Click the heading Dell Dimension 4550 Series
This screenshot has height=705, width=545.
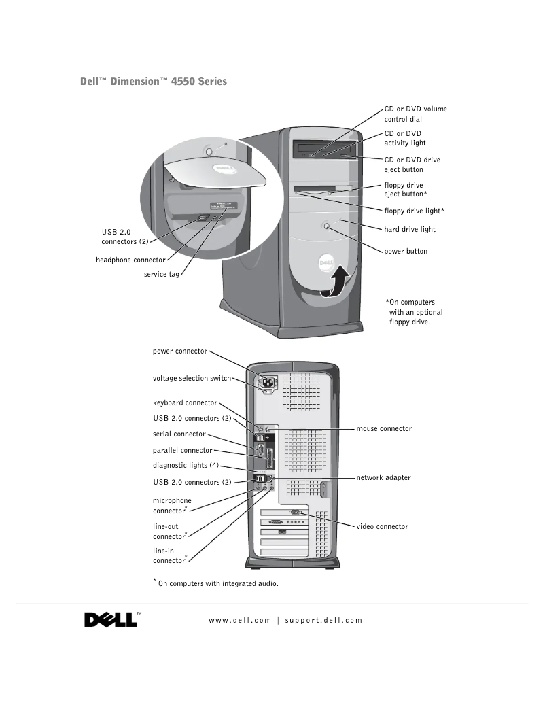point(154,82)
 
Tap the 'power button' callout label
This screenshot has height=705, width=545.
point(406,252)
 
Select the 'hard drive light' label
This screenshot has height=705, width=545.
point(410,230)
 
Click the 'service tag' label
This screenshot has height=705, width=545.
point(162,275)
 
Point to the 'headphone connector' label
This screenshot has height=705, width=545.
point(130,260)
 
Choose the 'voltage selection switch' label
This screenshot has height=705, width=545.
point(192,378)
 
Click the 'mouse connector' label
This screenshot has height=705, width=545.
point(384,429)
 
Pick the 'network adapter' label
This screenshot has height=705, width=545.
point(384,478)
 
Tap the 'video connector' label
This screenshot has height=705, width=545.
point(383,526)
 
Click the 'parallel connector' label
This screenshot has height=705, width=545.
point(183,450)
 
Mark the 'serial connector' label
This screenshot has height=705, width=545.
point(179,434)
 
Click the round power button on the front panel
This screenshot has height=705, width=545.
point(328,226)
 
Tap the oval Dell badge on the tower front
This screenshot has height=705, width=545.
point(326,263)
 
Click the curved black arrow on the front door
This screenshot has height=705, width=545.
point(337,282)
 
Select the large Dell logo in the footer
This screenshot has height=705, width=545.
point(110,620)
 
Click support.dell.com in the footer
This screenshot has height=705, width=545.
point(323,620)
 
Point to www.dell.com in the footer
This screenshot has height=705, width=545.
point(240,620)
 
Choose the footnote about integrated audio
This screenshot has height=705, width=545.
point(216,583)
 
